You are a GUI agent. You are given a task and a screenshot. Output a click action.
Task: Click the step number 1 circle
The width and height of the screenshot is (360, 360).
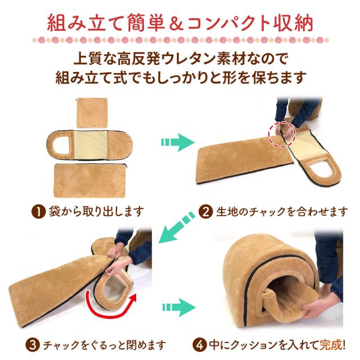(38, 211)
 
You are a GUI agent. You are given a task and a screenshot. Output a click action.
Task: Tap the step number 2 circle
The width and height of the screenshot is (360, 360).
(206, 211)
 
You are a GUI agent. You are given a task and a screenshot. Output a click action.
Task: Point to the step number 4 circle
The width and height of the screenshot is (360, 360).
(197, 343)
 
